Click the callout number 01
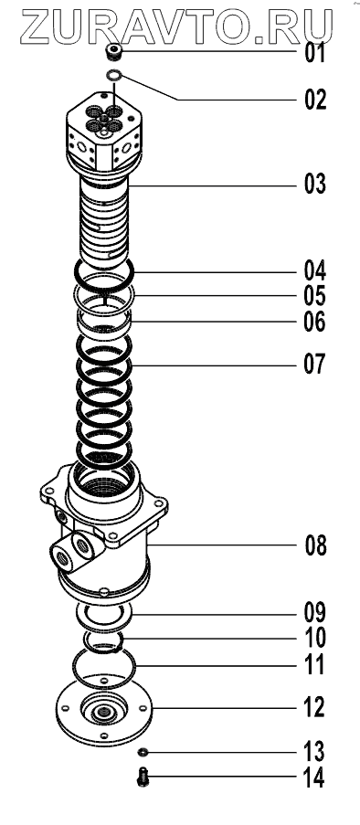click(x=315, y=54)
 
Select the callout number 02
click(x=315, y=100)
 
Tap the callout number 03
click(x=315, y=185)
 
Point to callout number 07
click(x=314, y=365)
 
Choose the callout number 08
click(x=316, y=545)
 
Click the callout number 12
click(x=314, y=708)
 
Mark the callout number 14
click(x=314, y=778)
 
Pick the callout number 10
click(x=314, y=639)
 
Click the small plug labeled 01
click(x=113, y=53)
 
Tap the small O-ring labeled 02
click(x=113, y=76)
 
